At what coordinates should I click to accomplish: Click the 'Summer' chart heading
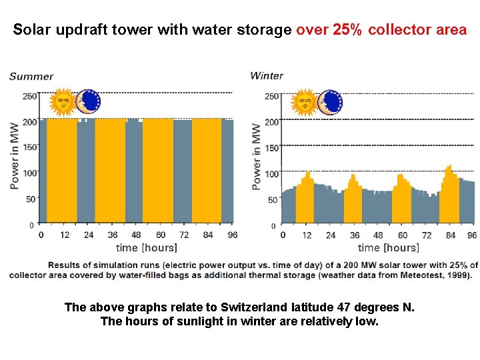pyautogui.click(x=31, y=76)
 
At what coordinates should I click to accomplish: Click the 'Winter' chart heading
pyautogui.click(x=267, y=76)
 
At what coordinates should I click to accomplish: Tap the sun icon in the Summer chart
pyautogui.click(x=63, y=102)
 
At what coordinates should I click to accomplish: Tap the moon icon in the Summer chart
pyautogui.click(x=87, y=102)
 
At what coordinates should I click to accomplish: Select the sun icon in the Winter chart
pyautogui.click(x=305, y=102)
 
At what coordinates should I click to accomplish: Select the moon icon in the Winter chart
pyautogui.click(x=329, y=102)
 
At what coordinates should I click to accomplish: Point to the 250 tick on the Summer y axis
pyautogui.click(x=29, y=97)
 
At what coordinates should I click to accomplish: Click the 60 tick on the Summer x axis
pyautogui.click(x=161, y=235)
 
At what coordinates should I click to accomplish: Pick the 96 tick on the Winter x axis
pyautogui.click(x=472, y=235)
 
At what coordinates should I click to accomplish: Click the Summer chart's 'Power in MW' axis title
pyautogui.click(x=15, y=155)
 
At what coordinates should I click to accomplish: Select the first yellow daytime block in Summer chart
pyautogui.click(x=61, y=170)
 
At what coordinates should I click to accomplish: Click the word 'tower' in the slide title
pyautogui.click(x=127, y=30)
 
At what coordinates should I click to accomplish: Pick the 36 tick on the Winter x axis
pyautogui.click(x=355, y=235)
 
